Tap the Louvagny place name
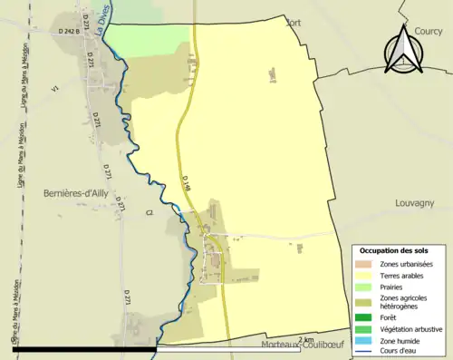point(416,204)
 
